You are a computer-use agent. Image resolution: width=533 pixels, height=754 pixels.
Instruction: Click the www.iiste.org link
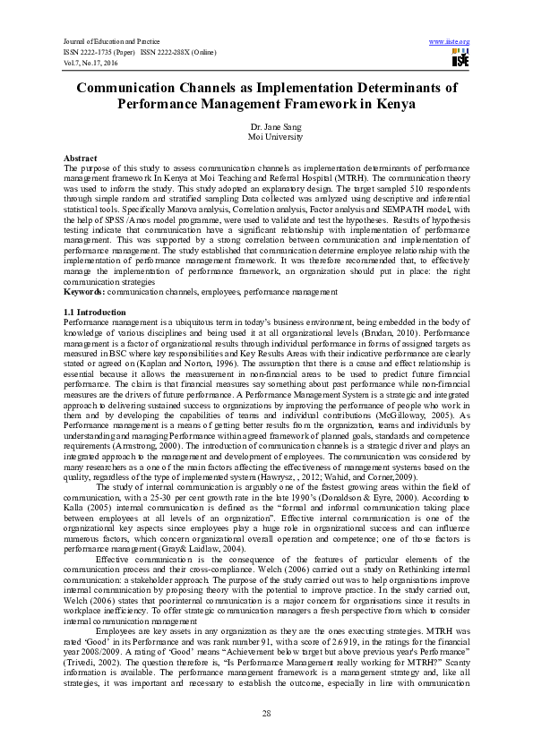point(450,42)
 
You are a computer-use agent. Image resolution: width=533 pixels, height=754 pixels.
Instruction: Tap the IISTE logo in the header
point(460,59)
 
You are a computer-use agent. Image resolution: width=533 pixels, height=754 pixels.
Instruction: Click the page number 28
point(266,712)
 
